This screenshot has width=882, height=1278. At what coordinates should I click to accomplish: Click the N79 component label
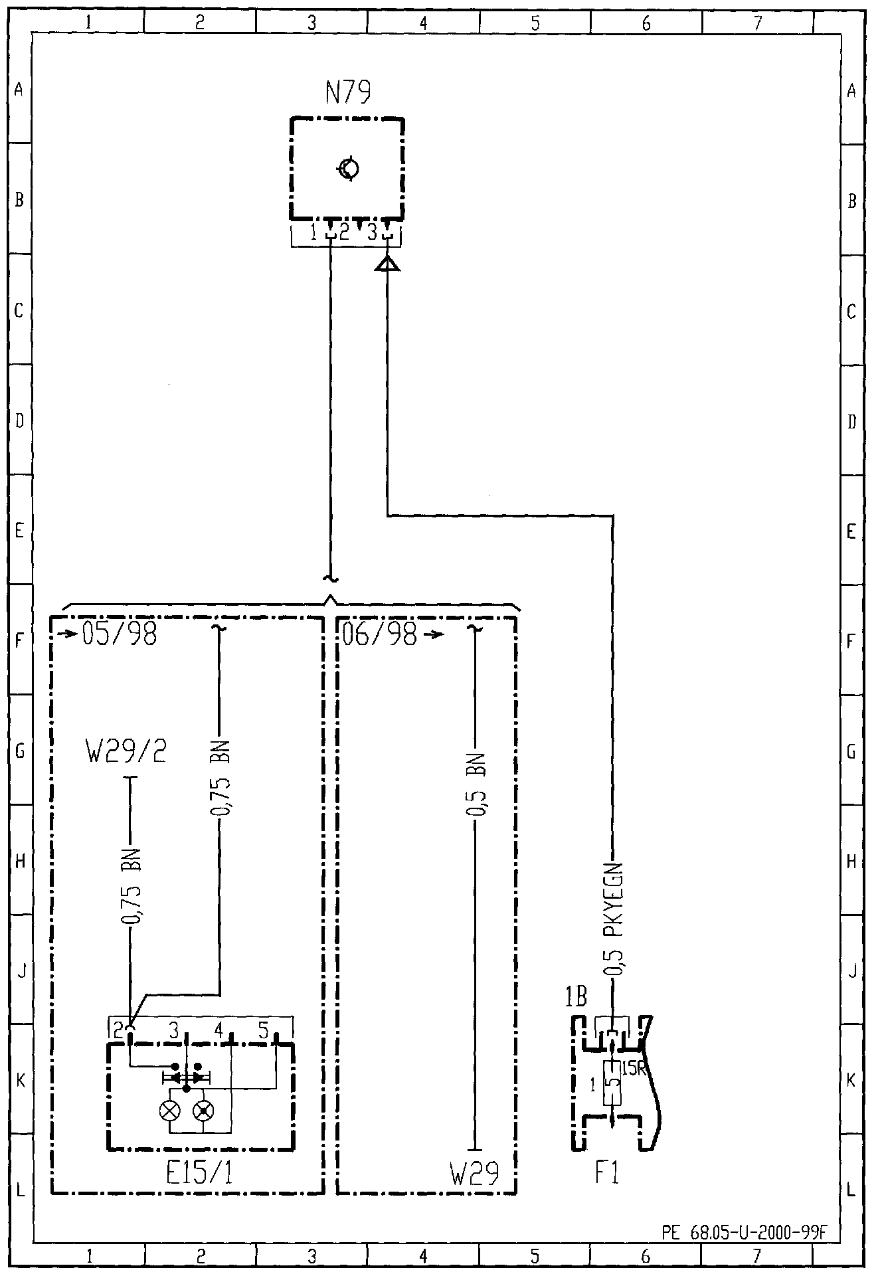coord(348,92)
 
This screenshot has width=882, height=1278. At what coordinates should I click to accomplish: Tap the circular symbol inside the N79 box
coord(348,169)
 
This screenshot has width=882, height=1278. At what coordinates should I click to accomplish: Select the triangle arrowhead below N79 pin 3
coord(387,264)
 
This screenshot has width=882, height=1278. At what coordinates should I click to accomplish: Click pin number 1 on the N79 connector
coord(314,232)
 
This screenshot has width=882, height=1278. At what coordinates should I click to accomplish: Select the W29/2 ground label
coord(126,753)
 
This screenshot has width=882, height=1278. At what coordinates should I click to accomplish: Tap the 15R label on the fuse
coord(634,1069)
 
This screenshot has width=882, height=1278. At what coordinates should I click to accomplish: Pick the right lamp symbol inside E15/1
coord(203,1110)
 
